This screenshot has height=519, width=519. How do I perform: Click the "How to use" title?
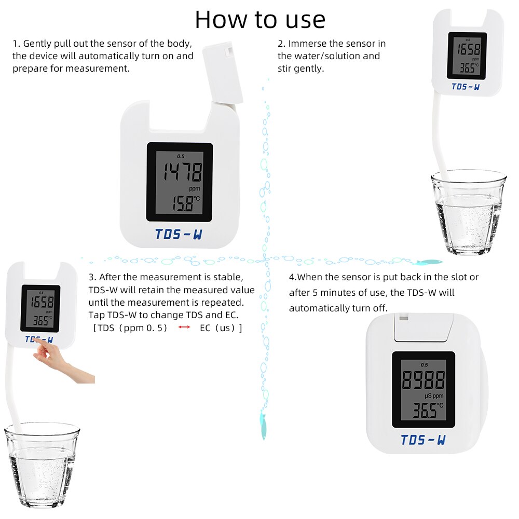[x=260, y=20]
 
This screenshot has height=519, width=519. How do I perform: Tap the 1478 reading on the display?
[x=180, y=171]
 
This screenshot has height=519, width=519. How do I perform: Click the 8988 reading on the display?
[x=423, y=380]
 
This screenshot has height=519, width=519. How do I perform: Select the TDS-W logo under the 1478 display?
[x=179, y=234]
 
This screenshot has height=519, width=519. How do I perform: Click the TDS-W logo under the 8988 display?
[x=423, y=440]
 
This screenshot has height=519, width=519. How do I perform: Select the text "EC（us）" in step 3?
[x=221, y=328]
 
